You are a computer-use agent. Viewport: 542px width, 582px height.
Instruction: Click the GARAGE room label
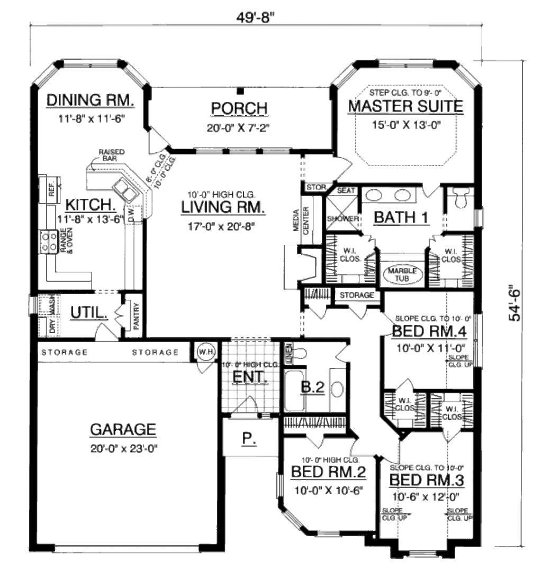[x=123, y=430]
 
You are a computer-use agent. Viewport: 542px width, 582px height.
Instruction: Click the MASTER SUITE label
[x=405, y=106]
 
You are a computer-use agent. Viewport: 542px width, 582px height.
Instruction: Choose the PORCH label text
[x=239, y=108]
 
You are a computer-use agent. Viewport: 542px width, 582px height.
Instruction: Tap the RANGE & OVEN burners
[x=49, y=242]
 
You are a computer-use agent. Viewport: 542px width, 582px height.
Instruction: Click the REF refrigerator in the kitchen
[x=51, y=188]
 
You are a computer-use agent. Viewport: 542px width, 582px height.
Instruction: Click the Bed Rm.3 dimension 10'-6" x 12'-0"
[x=427, y=497]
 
